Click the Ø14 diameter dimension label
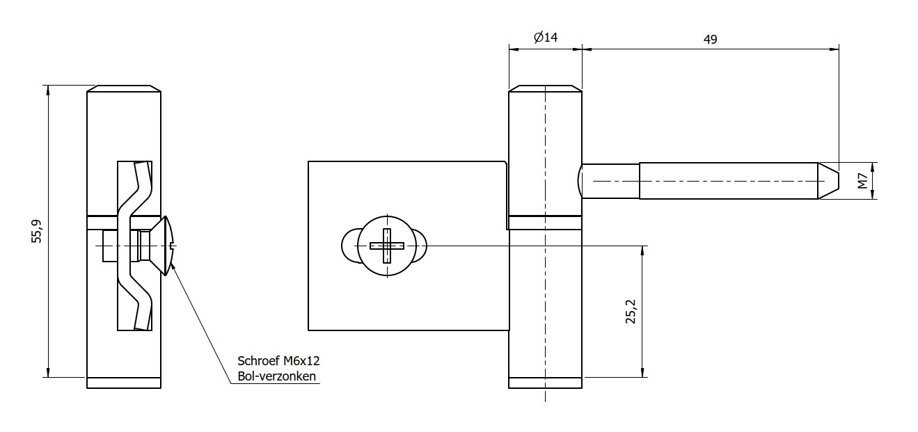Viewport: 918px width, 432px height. point(546,38)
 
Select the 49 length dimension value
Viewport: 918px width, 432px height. point(710,39)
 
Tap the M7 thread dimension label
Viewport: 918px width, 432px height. point(863,182)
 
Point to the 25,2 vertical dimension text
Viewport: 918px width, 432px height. point(631,312)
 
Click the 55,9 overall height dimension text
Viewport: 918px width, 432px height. point(37,232)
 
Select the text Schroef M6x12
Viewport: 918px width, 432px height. point(278,360)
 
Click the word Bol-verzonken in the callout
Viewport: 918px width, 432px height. point(277,376)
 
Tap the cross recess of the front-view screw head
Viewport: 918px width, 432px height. point(387,246)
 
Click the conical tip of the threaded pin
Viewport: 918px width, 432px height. point(828,181)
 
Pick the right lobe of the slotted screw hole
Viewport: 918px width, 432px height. point(420,246)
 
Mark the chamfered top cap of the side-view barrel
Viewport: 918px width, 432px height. point(124,89)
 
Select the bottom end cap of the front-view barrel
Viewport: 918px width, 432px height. point(545,383)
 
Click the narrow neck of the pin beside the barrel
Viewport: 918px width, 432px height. point(610,181)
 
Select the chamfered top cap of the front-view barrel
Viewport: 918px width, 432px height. point(545,89)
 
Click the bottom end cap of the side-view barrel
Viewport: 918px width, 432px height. point(124,383)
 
